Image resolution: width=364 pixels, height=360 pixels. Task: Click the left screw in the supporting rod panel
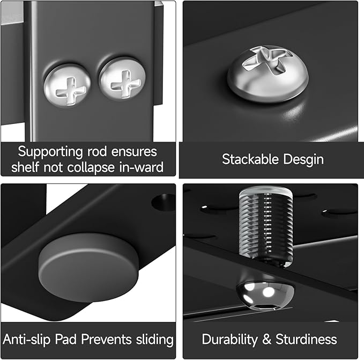pos(68,85)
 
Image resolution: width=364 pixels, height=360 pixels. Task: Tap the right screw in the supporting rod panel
pos(122,79)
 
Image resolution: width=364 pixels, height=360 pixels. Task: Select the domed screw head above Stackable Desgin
pos(268,74)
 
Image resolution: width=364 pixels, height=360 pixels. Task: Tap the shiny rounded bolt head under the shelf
pos(265,296)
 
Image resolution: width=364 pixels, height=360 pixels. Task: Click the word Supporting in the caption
pos(50,152)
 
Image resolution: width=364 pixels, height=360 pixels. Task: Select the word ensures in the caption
pos(134,152)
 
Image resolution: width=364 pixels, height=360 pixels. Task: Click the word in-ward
pos(142,167)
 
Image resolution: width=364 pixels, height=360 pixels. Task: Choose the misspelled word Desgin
pos(303,160)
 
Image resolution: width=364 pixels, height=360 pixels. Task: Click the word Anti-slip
pos(26,339)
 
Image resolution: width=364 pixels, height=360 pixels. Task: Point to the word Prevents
pos(107,339)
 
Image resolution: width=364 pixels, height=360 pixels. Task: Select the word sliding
pos(155,340)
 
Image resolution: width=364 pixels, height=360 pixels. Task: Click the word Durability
pos(230,340)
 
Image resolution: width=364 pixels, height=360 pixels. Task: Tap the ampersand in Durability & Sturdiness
pos(267,339)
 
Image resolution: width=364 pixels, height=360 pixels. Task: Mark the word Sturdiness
pos(306,339)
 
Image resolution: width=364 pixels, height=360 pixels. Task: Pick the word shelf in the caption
pos(25,167)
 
